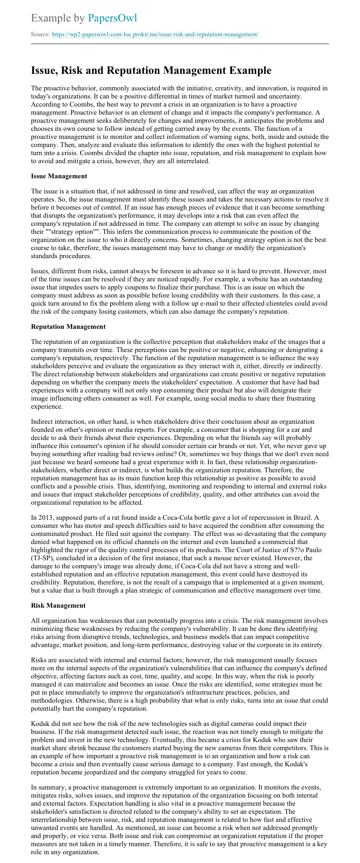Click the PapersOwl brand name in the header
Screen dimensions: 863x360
pyautogui.click(x=112, y=18)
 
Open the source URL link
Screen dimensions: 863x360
pyautogui.click(x=155, y=34)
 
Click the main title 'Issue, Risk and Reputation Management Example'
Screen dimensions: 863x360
pyautogui.click(x=151, y=70)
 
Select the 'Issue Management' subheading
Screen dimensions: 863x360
pyautogui.click(x=59, y=176)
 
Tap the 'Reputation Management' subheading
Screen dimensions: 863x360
pyautogui.click(x=68, y=326)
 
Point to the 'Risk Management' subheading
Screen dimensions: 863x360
pyautogui.click(x=58, y=605)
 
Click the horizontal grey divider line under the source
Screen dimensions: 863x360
pyautogui.click(x=180, y=44)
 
